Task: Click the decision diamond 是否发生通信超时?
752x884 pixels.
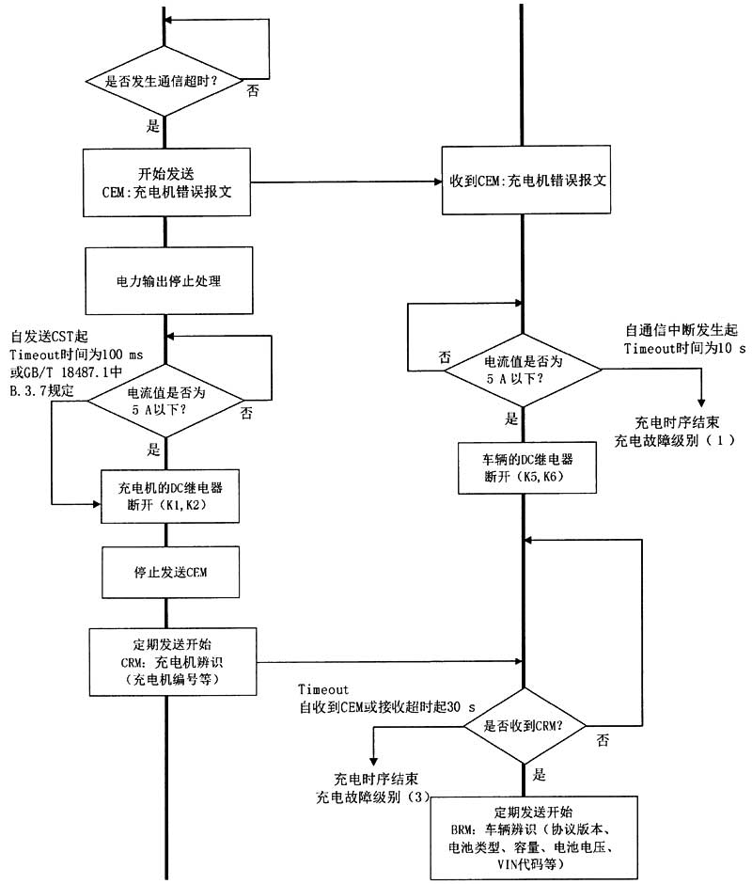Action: (165, 82)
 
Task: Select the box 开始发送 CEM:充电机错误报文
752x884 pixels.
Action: (166, 181)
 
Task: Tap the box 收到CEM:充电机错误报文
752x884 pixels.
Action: (525, 182)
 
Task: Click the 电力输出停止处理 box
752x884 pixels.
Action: (166, 280)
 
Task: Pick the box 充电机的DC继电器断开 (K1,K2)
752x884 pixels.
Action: (166, 497)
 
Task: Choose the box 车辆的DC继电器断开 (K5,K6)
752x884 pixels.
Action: (525, 466)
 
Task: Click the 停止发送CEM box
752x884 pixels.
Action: (166, 573)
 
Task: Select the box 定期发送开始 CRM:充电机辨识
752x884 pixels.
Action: (172, 661)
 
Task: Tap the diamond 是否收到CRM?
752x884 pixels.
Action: (523, 726)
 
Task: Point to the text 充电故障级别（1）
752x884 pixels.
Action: (668, 440)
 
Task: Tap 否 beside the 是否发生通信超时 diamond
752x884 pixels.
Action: (253, 91)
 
